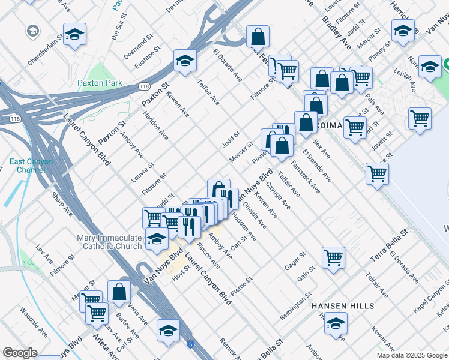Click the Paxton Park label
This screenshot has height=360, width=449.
coord(100,83)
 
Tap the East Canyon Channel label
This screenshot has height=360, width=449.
coord(31,166)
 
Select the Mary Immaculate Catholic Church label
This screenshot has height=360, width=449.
coord(109,242)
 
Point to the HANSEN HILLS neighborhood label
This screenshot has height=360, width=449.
coord(342,306)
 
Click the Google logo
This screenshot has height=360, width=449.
coord(20,353)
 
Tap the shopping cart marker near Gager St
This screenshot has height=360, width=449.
coord(333,257)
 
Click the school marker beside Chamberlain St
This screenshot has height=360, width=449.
coord(74,34)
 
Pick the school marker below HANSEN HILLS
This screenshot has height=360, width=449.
coord(336,324)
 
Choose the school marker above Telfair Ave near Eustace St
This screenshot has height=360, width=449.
coord(185,60)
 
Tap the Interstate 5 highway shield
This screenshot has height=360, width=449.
coord(190,344)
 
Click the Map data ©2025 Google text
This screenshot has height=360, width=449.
coord(412,355)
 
